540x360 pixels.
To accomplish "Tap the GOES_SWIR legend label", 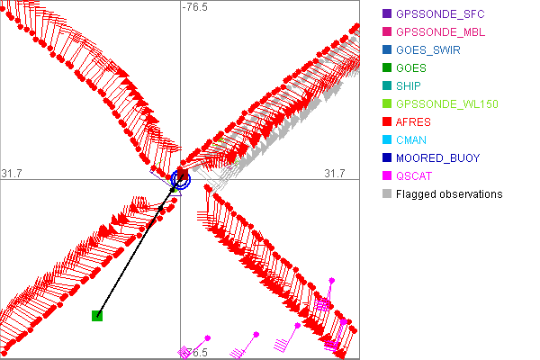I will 428,50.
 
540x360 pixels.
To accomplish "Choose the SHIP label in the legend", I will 409,86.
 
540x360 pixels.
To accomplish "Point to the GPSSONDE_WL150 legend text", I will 447,104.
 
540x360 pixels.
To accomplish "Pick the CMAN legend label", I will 411,140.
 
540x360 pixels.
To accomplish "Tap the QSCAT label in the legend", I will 415,176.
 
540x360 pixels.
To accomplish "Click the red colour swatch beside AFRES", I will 386,122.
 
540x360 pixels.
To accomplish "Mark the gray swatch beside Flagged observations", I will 386,194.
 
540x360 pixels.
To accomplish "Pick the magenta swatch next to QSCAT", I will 386,176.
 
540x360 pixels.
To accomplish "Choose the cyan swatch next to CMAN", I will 386,140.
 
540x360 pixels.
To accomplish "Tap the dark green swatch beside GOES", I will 386,68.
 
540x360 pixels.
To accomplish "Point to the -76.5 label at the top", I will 194,7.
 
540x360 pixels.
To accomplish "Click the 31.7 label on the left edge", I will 12,173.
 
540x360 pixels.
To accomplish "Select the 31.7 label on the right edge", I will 335,173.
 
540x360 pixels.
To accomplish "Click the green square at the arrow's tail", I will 97,315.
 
